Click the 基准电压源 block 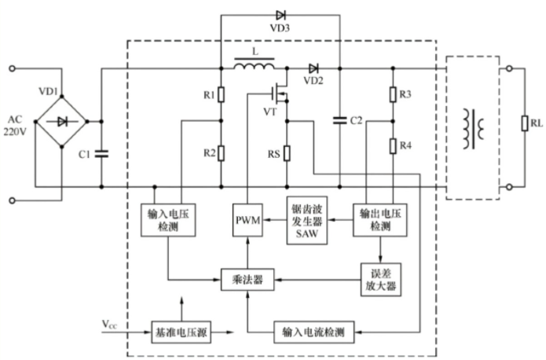coord(182,331)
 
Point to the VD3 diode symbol coord(280,14)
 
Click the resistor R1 coord(222,95)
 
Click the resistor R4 coord(391,146)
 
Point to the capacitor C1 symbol coord(101,153)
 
